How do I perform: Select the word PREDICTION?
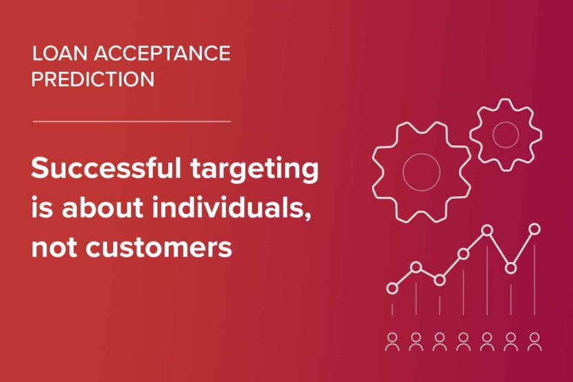point(93,79)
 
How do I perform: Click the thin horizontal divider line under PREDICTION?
point(132,121)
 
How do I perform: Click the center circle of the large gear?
point(421,171)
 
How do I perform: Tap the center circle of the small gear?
point(506,134)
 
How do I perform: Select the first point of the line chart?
point(392,288)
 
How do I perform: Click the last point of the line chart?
point(535,228)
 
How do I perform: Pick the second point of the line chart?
point(416,267)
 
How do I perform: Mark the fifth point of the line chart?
point(487,230)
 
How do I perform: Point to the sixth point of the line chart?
point(511,267)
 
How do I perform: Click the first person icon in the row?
point(392,341)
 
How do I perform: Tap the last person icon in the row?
point(535,341)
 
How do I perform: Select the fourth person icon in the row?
point(463,341)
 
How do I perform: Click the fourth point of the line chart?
point(463,254)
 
